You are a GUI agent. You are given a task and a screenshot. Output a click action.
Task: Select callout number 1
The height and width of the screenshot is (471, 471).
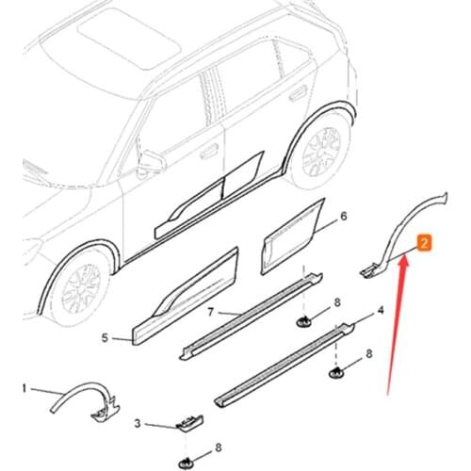[x=25, y=387]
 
